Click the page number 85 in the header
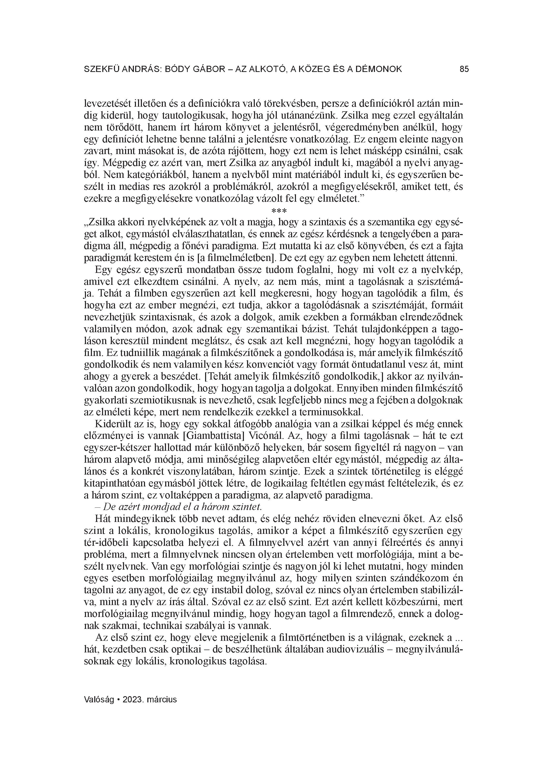464,69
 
